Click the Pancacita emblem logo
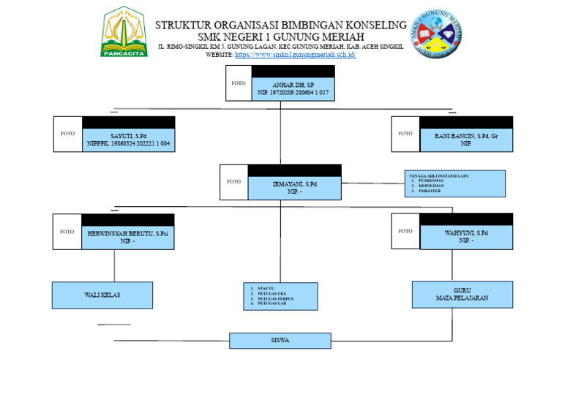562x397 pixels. point(124,32)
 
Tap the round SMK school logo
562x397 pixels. point(435,33)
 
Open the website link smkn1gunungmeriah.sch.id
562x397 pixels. point(295,55)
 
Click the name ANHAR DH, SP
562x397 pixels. point(293,86)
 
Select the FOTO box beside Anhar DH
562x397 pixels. point(239,83)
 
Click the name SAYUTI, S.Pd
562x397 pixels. point(128,136)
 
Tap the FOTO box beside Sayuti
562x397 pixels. point(67,134)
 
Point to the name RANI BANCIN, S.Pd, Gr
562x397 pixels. point(466,136)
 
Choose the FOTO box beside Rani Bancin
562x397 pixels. point(405,134)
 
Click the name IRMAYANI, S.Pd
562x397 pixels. point(295,184)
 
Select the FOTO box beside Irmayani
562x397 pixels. point(233,181)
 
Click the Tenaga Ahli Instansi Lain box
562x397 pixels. point(454,184)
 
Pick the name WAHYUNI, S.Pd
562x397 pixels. point(466,232)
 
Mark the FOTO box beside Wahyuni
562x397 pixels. point(405,231)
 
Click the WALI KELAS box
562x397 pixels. point(102,295)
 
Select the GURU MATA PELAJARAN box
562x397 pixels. point(462,295)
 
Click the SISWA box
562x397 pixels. point(280,341)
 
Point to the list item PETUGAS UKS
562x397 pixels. point(272,294)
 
